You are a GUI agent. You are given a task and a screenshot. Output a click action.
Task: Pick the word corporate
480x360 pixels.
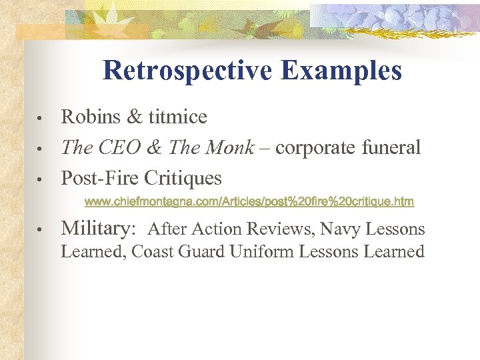(315, 148)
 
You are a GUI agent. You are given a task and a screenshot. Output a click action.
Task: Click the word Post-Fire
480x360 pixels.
(98, 179)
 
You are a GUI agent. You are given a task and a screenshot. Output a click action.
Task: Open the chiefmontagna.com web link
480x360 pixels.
(249, 201)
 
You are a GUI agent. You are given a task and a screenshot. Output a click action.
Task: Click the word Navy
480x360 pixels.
(339, 229)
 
